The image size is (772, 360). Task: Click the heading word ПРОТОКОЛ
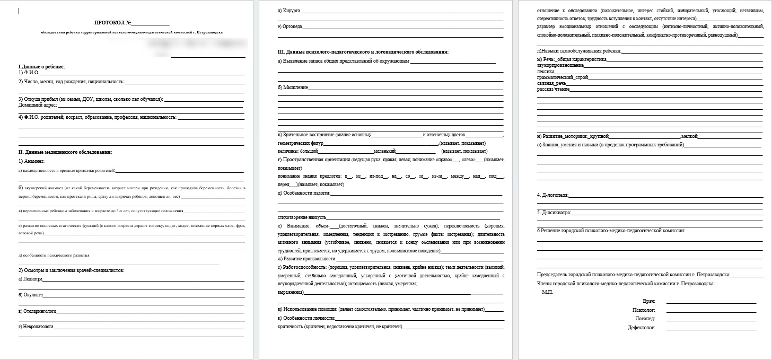coord(109,23)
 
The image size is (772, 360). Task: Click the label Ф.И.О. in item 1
coord(31,73)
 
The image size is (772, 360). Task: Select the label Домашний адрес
coord(38,105)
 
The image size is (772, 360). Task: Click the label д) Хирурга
coord(288,11)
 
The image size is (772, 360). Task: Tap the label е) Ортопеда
coord(289,27)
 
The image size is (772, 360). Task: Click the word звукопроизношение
coord(560,65)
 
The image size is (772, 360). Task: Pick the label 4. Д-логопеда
coord(552,196)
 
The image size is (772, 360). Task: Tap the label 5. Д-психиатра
coord(554,213)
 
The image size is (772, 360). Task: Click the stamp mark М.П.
coord(548,292)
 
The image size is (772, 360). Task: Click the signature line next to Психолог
coord(711,310)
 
